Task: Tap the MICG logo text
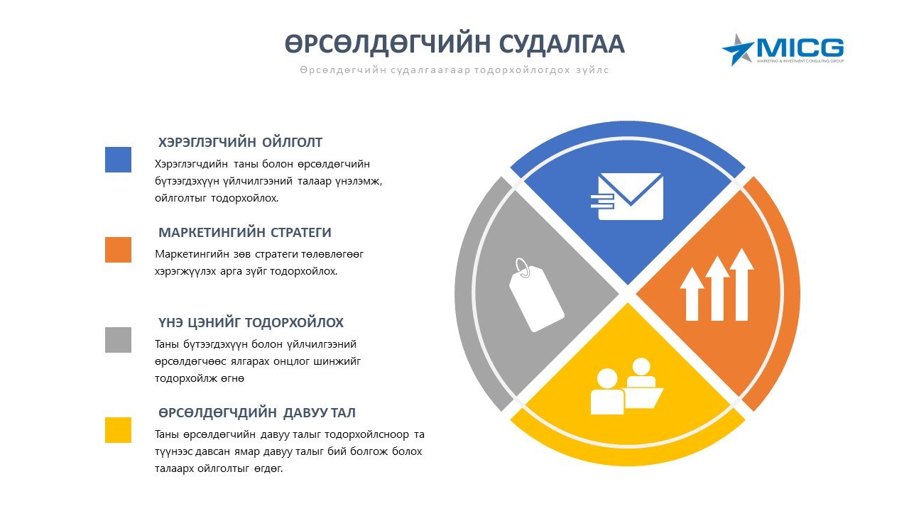click(x=800, y=48)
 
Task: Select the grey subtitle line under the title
click(x=454, y=70)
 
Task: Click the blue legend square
click(x=118, y=160)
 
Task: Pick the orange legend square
click(x=118, y=250)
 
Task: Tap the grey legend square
click(x=118, y=340)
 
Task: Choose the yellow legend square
click(x=118, y=430)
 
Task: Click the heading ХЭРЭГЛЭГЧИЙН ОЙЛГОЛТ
click(x=240, y=143)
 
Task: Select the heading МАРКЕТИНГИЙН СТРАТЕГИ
click(x=245, y=233)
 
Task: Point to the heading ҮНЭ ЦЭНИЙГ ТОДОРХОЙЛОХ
click(x=251, y=323)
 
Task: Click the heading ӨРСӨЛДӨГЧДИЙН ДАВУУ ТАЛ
click(x=257, y=413)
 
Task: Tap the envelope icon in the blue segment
click(x=628, y=197)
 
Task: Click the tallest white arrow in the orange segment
click(x=742, y=284)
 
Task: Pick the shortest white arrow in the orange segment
click(x=692, y=294)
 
